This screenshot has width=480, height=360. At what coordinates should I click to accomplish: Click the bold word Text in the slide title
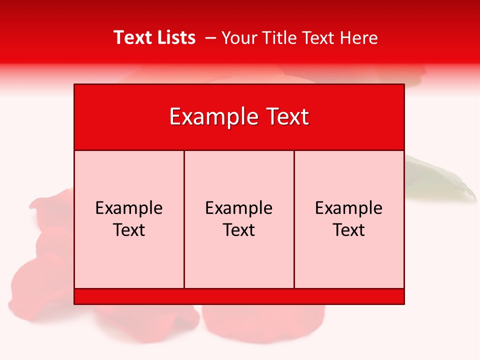tap(131, 37)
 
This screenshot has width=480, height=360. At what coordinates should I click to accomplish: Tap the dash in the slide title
tap(210, 37)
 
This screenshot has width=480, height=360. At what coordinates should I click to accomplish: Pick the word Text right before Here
tap(319, 37)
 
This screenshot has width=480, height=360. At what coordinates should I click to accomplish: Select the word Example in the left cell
tap(129, 208)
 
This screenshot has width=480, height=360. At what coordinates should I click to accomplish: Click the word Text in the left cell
tap(129, 230)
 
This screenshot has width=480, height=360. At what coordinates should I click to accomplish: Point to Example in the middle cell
tap(239, 208)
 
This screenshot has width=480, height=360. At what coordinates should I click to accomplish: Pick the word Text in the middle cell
tap(239, 230)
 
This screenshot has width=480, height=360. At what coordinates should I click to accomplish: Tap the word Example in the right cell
tap(349, 208)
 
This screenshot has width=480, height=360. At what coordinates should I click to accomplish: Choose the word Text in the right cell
tap(349, 230)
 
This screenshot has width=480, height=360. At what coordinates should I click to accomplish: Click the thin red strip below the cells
tap(239, 296)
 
